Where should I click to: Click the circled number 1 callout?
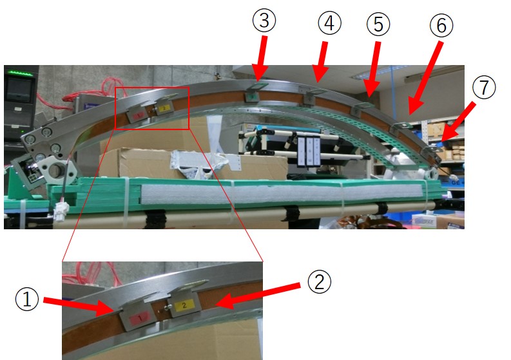coord(27,299)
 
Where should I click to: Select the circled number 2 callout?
coord(320,281)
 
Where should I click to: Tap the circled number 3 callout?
coord(264,20)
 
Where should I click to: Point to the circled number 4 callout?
coord(329,23)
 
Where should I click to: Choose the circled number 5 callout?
coord(378,24)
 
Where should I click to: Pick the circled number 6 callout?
coord(441,25)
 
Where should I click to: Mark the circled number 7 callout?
coord(484,87)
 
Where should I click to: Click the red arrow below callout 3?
coord(262,58)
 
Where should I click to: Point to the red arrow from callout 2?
coord(258,296)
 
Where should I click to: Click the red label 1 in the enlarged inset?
coord(140,317)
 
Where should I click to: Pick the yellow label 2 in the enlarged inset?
coord(184,306)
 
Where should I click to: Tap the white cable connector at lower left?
coord(62,208)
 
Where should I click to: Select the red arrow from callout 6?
coord(425,78)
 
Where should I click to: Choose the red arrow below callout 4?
coord(320,62)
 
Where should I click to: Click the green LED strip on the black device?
coord(21,73)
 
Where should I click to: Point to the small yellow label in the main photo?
coord(164,108)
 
